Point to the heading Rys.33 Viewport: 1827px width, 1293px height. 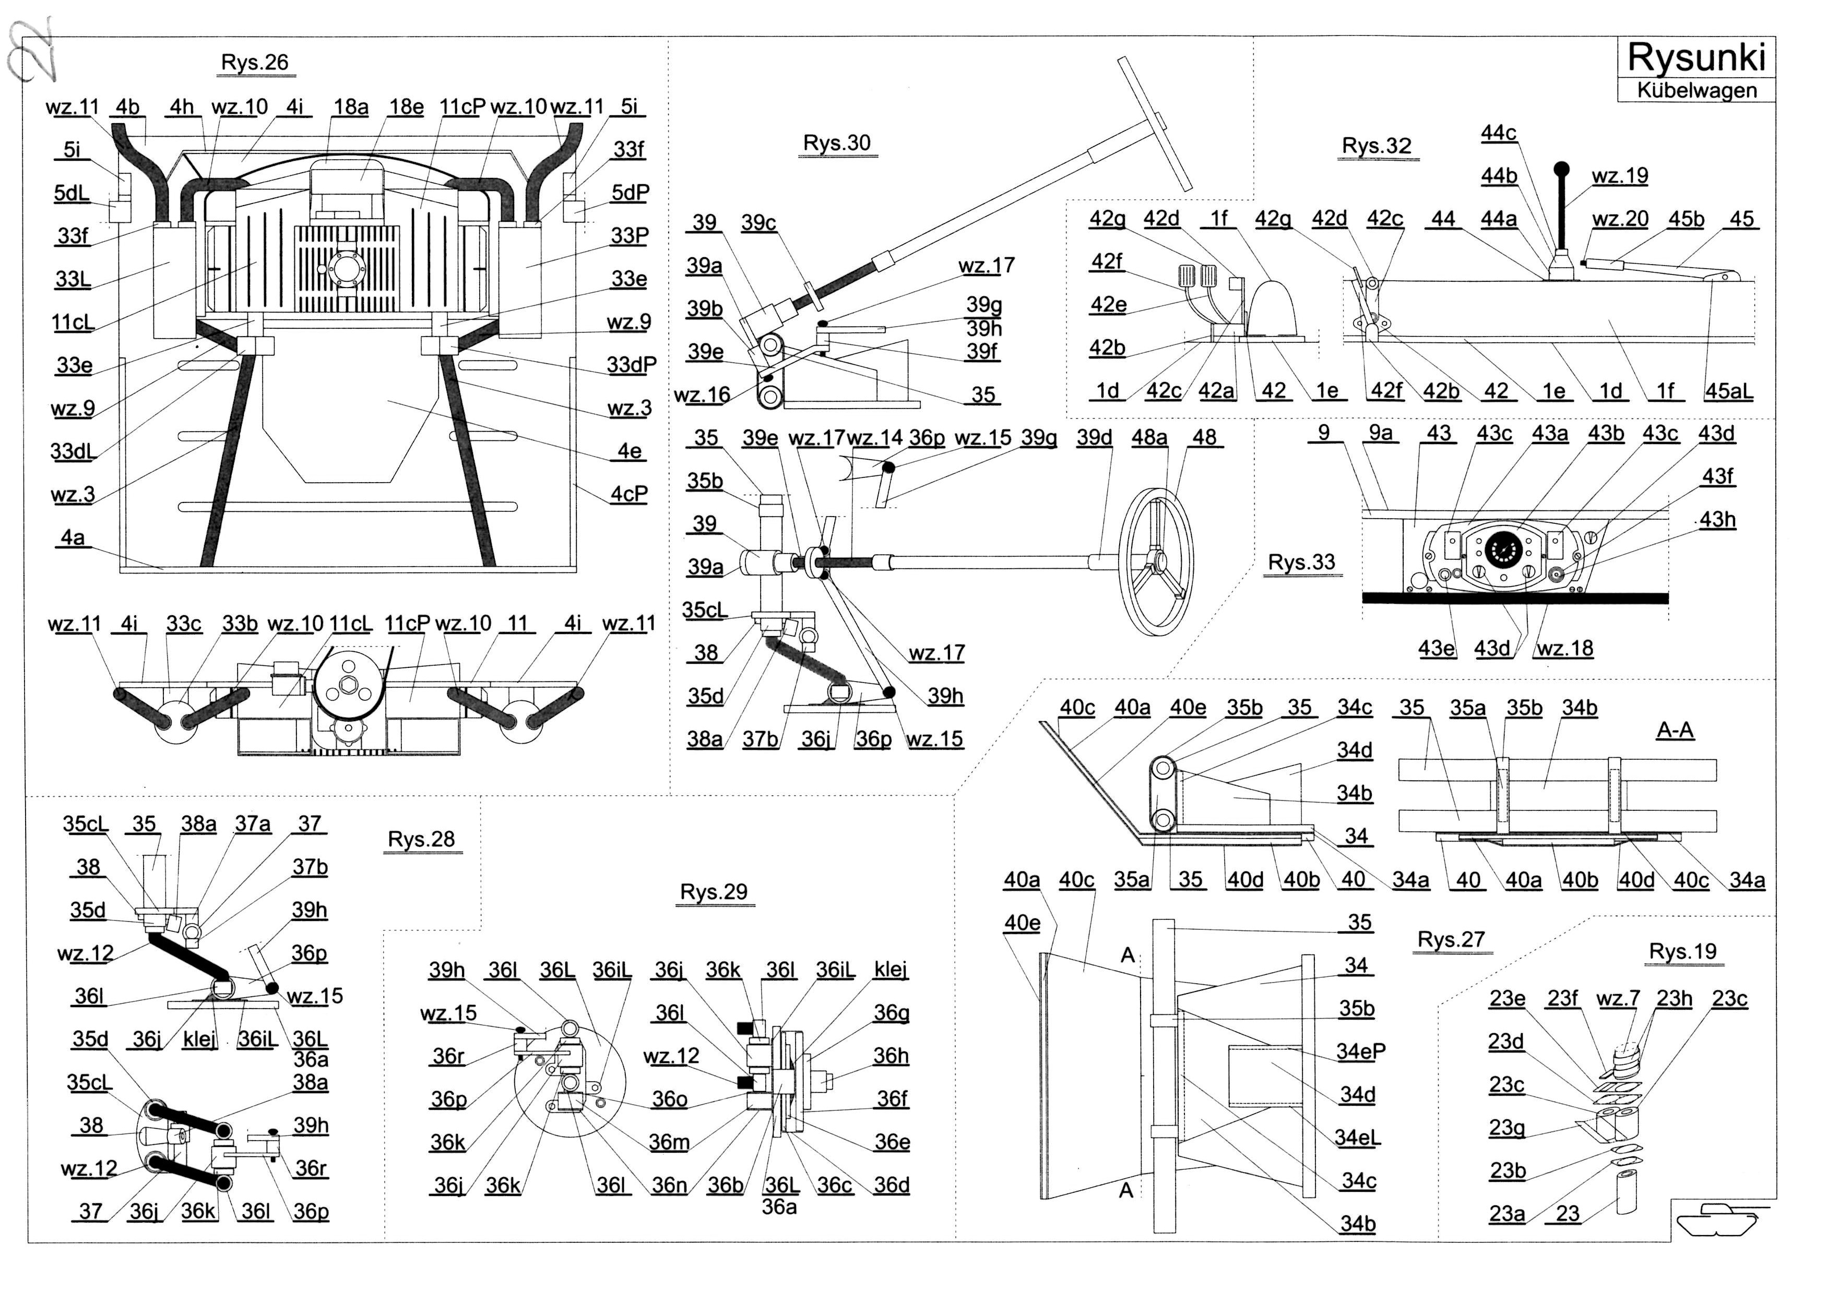1301,562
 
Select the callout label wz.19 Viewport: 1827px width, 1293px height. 1619,176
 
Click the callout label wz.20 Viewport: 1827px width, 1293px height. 1619,219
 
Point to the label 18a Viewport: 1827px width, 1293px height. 350,106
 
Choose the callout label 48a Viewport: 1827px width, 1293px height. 1149,437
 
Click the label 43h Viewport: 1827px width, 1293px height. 1717,519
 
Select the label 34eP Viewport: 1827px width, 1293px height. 1360,1051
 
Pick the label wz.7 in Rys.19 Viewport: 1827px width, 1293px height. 1618,998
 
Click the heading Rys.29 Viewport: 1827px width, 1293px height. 714,892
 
